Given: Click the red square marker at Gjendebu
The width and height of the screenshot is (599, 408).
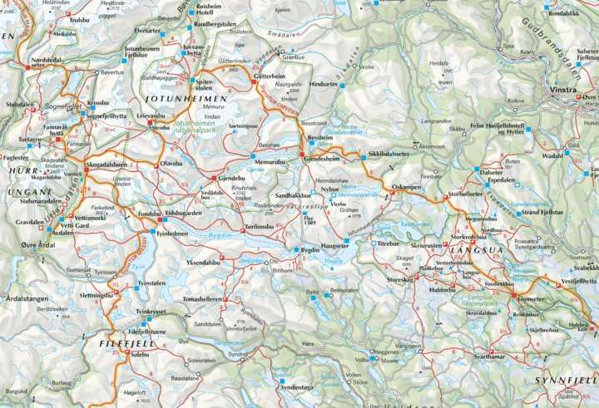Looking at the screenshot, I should [215, 179].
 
